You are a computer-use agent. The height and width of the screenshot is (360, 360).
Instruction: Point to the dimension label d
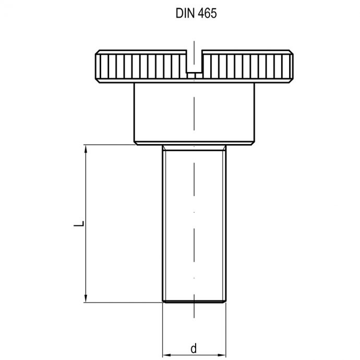tap(193, 349)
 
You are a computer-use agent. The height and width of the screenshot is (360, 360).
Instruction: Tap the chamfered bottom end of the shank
tap(194, 300)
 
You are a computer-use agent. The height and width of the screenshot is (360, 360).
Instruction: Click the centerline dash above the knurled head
tap(194, 45)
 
